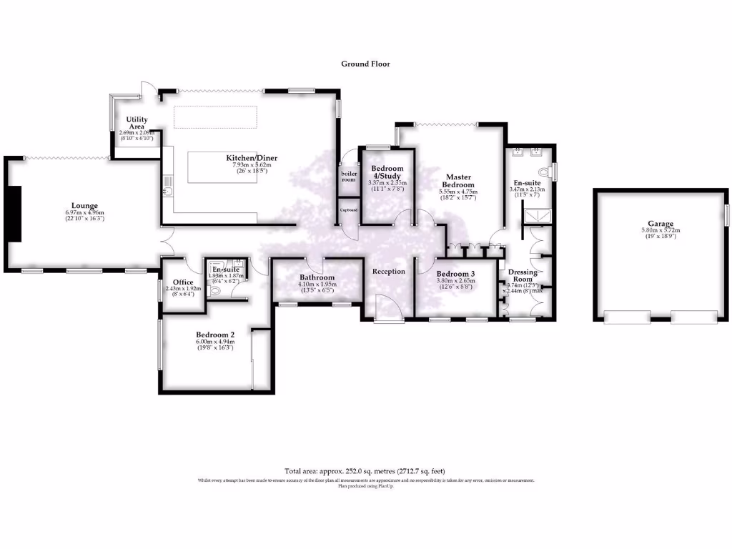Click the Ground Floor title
pos(365,64)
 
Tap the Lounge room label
pos(84,206)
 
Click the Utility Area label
pos(136,122)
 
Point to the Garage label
pos(657,224)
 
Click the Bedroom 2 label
pos(215,335)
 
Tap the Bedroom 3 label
pos(455,274)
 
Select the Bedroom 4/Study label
pos(386,172)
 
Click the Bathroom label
pos(317,277)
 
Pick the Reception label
pos(389,271)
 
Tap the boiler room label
pos(348,177)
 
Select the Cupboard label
pos(348,210)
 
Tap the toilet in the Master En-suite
pos(548,172)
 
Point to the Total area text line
pos(365,471)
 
